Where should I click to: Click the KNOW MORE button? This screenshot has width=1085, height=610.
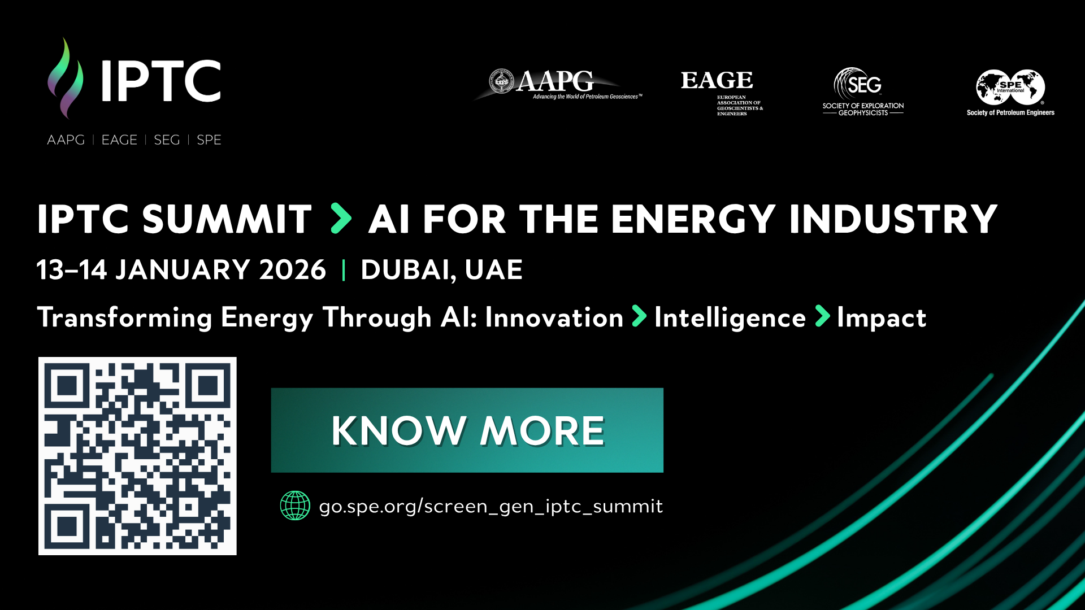[467, 430]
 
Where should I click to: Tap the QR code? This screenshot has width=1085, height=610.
[137, 456]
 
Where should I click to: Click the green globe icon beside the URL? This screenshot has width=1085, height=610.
[295, 506]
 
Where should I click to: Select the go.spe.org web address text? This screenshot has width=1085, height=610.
[491, 506]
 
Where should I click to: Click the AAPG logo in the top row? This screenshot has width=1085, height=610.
[557, 85]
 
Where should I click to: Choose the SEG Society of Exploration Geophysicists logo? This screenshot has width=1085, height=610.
[863, 92]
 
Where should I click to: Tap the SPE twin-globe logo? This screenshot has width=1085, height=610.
[1010, 93]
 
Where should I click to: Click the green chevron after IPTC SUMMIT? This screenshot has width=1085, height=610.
[341, 219]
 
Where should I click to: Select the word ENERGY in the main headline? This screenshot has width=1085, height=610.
[693, 219]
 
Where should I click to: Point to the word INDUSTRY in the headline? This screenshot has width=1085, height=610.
[893, 219]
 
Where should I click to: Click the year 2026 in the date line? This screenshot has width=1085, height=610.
[292, 269]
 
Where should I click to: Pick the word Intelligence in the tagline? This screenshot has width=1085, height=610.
[730, 318]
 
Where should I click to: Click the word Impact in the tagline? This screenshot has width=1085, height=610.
[882, 318]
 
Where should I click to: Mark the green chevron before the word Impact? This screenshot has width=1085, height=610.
[823, 316]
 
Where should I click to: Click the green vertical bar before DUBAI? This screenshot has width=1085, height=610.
[344, 270]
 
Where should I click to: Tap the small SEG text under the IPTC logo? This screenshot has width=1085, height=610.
[167, 140]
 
